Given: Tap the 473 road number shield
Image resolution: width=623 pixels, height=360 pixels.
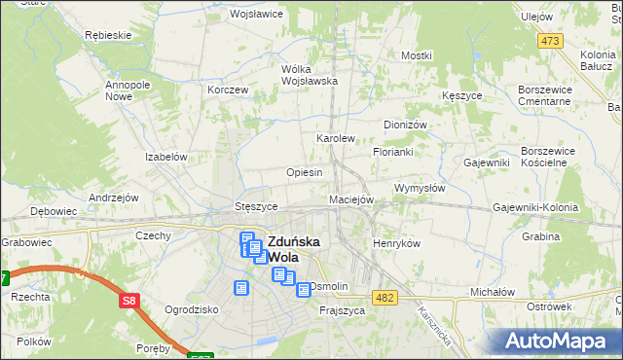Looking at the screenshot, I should click(551, 40).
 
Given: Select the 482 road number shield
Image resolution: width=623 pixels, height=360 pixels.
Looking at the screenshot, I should click(385, 297).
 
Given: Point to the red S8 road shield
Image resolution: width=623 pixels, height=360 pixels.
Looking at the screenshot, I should click(130, 302).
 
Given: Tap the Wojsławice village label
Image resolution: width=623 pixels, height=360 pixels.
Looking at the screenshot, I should click(255, 15).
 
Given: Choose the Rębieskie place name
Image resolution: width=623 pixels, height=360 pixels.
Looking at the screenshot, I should click(108, 34).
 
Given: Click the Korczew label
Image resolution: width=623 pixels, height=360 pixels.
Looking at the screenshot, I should click(228, 90).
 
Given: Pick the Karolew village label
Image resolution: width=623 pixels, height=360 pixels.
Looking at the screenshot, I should click(336, 138).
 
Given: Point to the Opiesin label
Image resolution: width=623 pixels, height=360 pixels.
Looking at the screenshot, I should click(304, 172).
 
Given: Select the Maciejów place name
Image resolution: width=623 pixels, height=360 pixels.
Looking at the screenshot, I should click(351, 199).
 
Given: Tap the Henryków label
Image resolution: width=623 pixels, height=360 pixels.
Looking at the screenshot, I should click(396, 243).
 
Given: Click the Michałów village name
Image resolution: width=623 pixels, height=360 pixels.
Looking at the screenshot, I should click(492, 292).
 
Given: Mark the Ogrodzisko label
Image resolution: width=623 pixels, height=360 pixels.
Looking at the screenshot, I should click(190, 310).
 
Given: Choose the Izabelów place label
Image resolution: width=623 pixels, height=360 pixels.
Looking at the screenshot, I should click(165, 156).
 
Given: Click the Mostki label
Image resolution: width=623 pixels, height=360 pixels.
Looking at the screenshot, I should click(416, 55).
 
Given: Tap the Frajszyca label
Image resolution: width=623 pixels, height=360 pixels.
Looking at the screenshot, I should click(342, 310).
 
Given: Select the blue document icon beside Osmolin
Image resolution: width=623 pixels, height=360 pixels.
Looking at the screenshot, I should click(304, 289).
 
